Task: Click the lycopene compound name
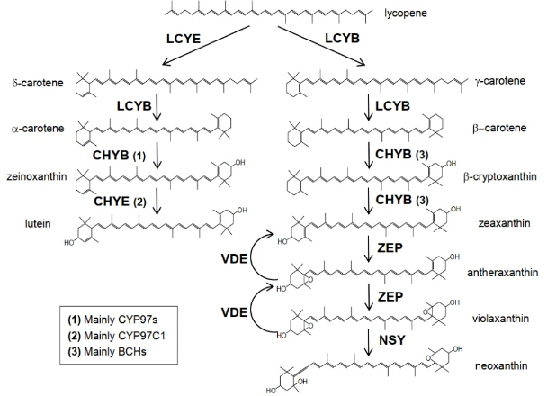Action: [406, 13]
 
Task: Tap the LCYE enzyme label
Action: [184, 39]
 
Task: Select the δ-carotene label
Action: [38, 83]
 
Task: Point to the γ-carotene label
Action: [500, 81]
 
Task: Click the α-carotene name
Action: [38, 129]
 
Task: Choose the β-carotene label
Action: [499, 128]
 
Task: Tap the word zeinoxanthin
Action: [37, 176]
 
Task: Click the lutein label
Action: [38, 223]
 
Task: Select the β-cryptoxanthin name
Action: [500, 177]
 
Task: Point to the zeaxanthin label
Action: [504, 223]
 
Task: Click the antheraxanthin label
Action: [502, 272]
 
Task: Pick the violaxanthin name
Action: [500, 319]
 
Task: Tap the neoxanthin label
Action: [501, 365]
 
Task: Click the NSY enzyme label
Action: [392, 340]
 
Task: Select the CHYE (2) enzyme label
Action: [120, 202]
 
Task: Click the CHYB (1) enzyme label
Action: [119, 156]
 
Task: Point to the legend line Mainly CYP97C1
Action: [117, 336]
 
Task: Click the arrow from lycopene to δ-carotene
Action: [206, 46]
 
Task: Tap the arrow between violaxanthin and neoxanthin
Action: [368, 343]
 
